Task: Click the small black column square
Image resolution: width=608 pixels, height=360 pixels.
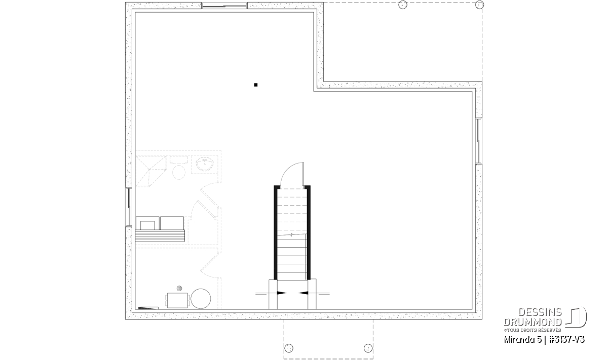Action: (256, 85)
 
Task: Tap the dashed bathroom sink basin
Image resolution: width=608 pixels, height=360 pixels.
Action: (204, 164)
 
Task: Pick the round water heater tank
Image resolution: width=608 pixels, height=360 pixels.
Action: (201, 299)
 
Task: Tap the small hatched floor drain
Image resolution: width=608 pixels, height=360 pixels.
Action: (179, 288)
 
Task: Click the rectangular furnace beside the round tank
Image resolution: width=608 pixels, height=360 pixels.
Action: (178, 300)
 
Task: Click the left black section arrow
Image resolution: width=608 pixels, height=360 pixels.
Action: (282, 293)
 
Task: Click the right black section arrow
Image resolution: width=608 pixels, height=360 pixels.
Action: (303, 293)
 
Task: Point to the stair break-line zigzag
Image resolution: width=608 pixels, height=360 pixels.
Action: (291, 234)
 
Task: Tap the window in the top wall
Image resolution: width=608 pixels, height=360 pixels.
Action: (224, 6)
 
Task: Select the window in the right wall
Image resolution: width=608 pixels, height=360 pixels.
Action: (479, 141)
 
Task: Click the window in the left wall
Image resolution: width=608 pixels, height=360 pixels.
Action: (129, 207)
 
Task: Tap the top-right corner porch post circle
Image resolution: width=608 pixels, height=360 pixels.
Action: (479, 5)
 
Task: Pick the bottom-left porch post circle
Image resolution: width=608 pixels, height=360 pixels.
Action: (289, 348)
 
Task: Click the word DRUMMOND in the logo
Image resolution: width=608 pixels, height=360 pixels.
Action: (533, 322)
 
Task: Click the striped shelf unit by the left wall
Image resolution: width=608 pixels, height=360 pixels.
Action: (160, 235)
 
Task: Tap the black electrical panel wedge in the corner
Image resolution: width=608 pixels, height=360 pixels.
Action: (148, 308)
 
